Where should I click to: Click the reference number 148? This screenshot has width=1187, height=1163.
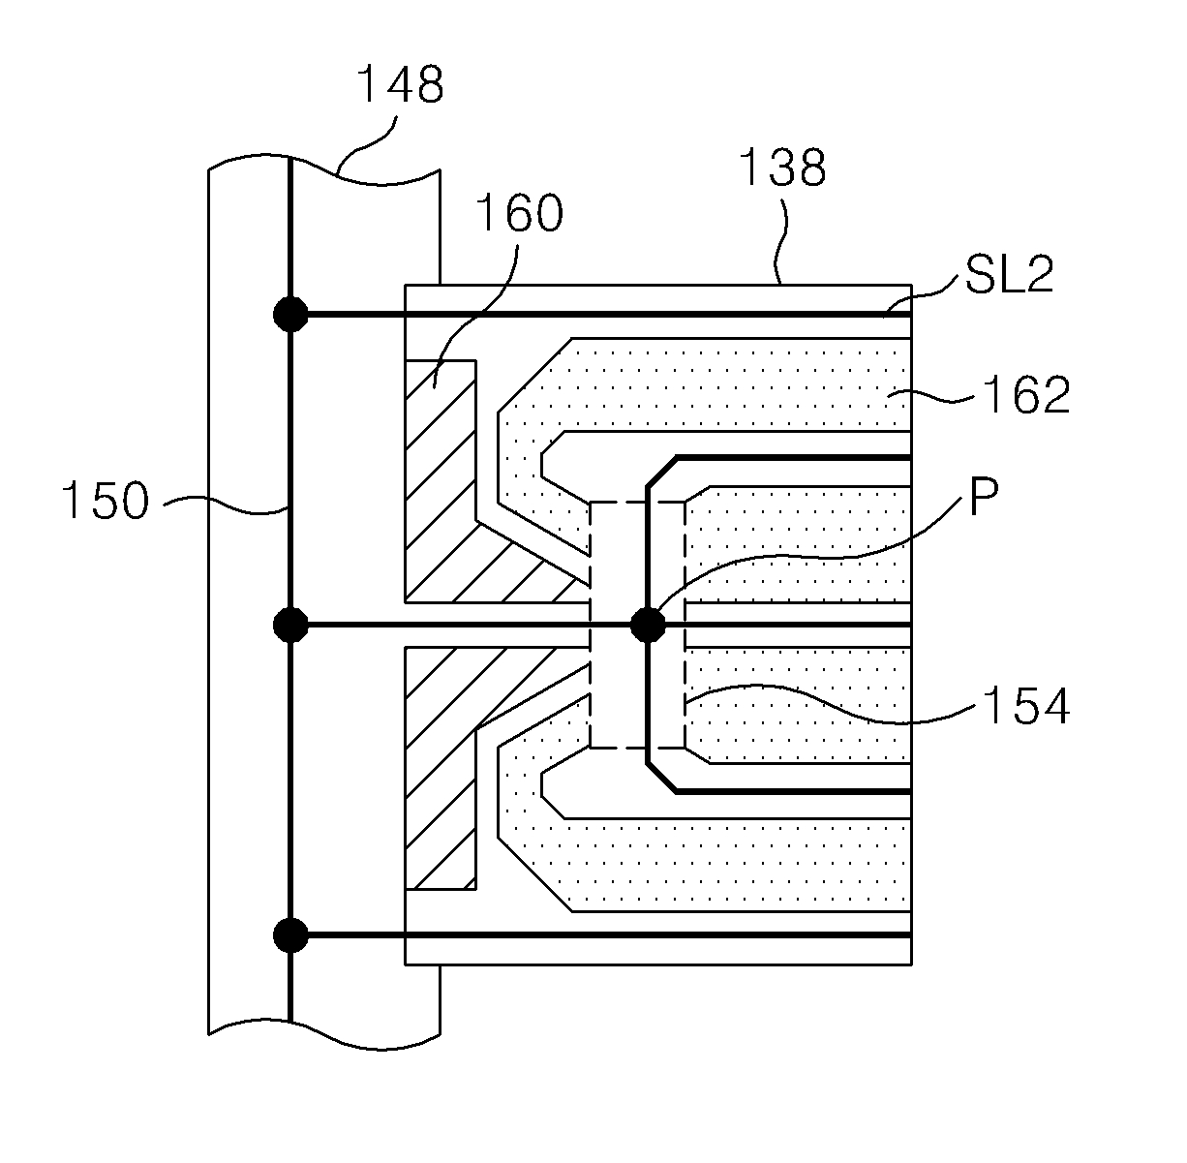(401, 83)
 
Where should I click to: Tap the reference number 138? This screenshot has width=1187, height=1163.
(782, 167)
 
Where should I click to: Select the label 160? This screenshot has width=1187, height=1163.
(519, 213)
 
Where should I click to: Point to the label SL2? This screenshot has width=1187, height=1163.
(1009, 274)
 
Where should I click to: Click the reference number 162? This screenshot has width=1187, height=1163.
(1026, 395)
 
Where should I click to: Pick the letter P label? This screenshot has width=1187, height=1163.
(984, 497)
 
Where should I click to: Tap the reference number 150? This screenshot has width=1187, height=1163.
(106, 501)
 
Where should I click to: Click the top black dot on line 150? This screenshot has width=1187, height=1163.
(290, 315)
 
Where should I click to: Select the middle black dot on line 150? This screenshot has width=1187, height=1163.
(290, 625)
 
